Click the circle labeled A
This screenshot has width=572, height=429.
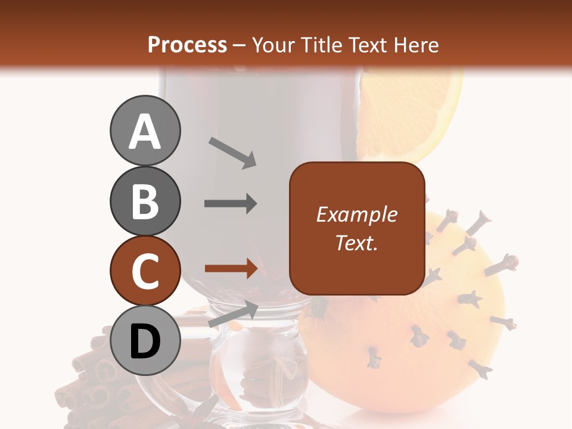click(145, 131)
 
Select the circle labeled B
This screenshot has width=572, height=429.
click(145, 201)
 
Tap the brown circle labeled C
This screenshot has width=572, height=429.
click(145, 271)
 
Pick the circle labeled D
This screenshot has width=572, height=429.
click(145, 341)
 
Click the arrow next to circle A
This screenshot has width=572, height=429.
click(232, 153)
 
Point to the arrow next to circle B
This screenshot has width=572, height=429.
click(231, 204)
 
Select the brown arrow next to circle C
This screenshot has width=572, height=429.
click(231, 269)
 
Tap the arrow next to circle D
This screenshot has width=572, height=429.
click(233, 313)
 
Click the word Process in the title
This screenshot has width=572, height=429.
click(187, 45)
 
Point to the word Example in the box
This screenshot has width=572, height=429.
click(356, 214)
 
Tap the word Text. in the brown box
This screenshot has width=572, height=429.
click(356, 243)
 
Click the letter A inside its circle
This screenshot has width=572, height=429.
click(145, 132)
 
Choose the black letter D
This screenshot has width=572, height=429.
click(145, 341)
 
